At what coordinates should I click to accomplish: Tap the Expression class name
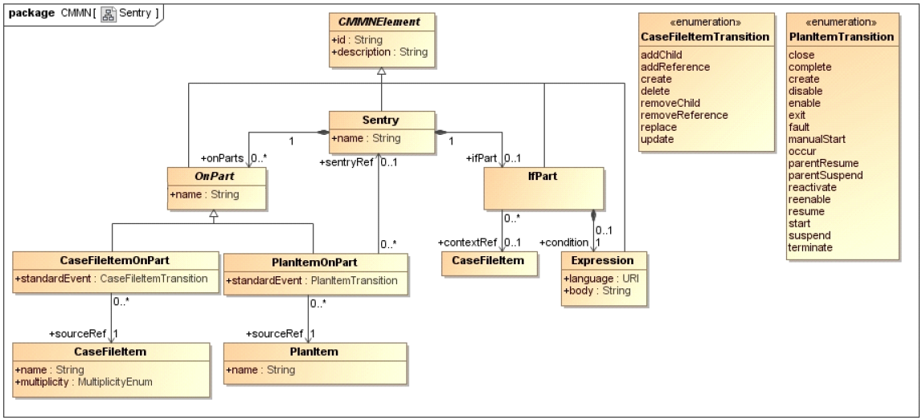tap(602, 260)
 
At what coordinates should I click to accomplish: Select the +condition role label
tap(563, 243)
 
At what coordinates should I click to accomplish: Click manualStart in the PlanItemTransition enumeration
tap(816, 138)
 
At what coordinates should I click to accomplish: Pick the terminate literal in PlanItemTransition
tap(810, 247)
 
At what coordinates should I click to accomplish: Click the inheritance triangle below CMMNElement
tap(382, 71)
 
